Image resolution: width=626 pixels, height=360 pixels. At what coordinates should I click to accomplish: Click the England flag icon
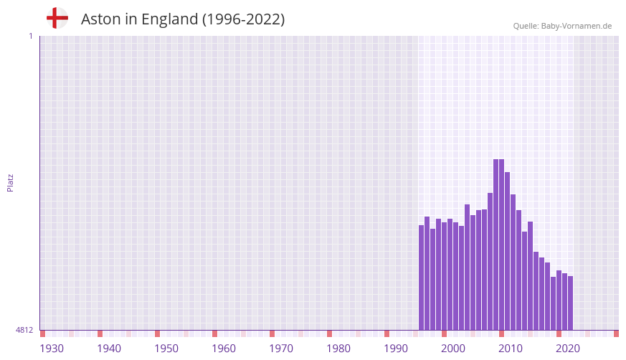click(x=57, y=18)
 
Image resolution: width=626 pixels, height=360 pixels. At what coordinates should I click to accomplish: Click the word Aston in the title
click(x=101, y=19)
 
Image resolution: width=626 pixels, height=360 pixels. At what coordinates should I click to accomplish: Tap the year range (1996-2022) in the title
click(x=243, y=19)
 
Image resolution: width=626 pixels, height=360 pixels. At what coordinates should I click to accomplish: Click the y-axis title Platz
click(x=10, y=182)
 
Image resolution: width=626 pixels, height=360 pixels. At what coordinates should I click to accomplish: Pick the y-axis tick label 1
click(x=30, y=36)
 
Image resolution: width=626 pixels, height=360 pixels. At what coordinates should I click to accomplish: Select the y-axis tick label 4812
click(x=24, y=330)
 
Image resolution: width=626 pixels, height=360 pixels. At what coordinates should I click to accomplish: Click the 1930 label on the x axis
click(x=52, y=349)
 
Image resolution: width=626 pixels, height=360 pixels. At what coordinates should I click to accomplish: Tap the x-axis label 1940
click(x=109, y=349)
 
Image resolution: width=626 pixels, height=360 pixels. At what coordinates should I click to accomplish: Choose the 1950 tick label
click(x=166, y=349)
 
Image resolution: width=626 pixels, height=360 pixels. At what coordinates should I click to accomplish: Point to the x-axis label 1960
click(x=224, y=349)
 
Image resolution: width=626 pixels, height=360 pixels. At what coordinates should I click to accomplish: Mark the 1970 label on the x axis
click(x=281, y=349)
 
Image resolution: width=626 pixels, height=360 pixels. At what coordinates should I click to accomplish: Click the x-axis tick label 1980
click(x=338, y=349)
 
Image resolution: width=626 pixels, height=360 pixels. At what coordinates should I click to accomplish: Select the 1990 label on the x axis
click(x=396, y=349)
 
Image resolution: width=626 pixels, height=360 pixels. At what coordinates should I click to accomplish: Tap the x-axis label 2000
click(x=453, y=349)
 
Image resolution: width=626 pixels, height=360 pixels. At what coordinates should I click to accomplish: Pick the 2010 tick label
click(x=511, y=349)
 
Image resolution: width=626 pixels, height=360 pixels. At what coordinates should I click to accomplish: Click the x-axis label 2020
click(x=568, y=349)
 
